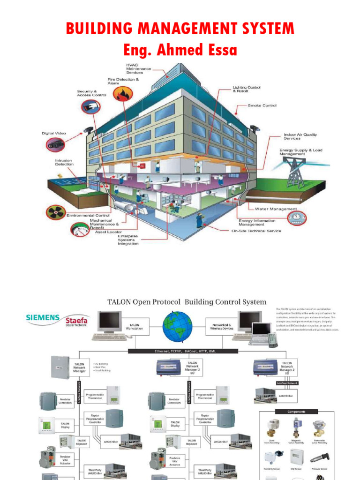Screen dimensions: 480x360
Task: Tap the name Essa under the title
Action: [x=217, y=50]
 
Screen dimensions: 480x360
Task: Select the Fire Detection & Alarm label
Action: [x=123, y=81]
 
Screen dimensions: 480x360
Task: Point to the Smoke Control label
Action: [x=262, y=105]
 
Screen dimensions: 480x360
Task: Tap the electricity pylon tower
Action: [x=295, y=172]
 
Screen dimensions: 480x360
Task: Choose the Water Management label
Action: [x=276, y=209]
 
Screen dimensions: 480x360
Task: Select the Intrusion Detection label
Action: [x=64, y=162]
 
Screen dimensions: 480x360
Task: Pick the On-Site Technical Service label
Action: [x=256, y=231]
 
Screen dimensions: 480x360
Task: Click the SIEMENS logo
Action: [x=42, y=317]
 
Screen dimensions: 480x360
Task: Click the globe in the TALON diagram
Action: [x=177, y=327]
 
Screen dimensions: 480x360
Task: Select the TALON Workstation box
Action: [x=135, y=326]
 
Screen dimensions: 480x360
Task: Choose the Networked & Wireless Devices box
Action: [x=221, y=326]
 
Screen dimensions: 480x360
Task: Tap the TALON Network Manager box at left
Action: [x=80, y=367]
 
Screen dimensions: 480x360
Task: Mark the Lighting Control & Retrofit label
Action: [x=247, y=89]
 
